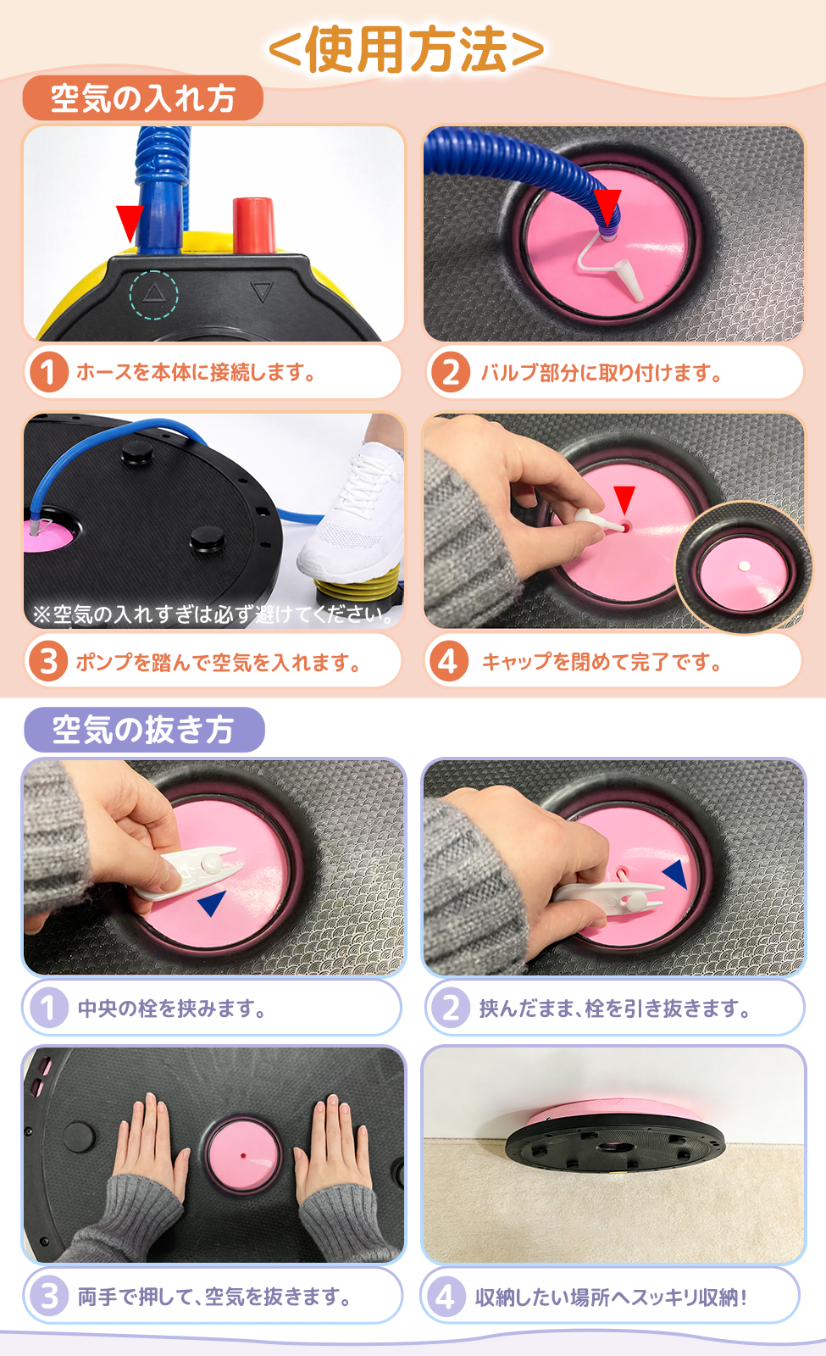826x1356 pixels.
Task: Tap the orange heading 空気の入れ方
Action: (x=143, y=98)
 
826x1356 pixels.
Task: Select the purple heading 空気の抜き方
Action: (x=144, y=730)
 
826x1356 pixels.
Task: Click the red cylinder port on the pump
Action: (x=253, y=225)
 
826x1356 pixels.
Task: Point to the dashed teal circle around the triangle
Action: (x=153, y=295)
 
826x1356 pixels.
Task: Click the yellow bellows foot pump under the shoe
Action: (x=357, y=584)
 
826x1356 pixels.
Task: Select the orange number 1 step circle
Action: (x=49, y=372)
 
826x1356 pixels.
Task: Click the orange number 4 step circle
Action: (x=448, y=662)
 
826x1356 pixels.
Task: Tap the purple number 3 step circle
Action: (x=49, y=1297)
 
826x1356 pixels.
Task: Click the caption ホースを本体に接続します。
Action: (x=195, y=372)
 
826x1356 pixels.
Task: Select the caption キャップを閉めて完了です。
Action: (x=601, y=662)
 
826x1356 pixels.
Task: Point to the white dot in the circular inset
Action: (x=745, y=566)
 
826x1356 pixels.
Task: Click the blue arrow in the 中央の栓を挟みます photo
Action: (x=212, y=903)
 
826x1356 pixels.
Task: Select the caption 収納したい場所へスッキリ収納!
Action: (x=611, y=1297)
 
